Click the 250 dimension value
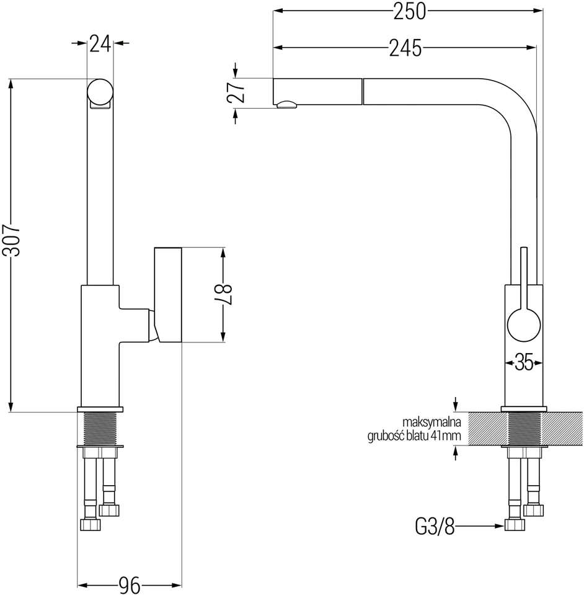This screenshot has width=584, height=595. point(410,11)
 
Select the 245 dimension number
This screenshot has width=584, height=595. point(405,48)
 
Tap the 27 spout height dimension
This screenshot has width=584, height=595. point(236,92)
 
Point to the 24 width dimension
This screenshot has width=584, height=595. point(100,43)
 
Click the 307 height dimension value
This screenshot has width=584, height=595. point(11,240)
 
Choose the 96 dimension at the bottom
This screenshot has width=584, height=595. point(130,585)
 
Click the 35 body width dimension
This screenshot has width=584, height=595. point(524,362)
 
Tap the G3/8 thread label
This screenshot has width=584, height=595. point(435,526)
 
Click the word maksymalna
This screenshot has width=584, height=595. point(431,422)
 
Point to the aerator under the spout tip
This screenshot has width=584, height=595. point(286,105)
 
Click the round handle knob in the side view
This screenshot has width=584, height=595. point(524,325)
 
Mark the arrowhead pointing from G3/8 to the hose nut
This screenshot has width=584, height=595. point(500,526)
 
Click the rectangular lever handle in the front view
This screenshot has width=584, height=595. point(167,295)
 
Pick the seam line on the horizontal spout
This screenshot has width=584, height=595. point(363,91)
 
